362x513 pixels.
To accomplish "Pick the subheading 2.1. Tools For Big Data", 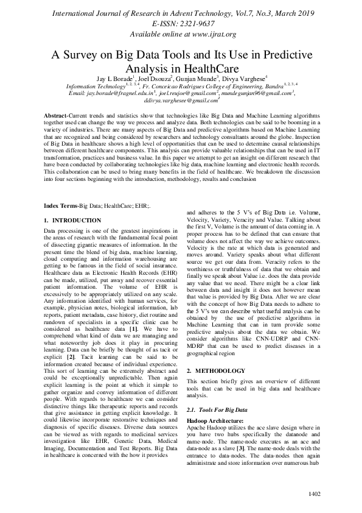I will click(216, 412).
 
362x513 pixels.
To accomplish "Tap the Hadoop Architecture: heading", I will click(215, 421).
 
